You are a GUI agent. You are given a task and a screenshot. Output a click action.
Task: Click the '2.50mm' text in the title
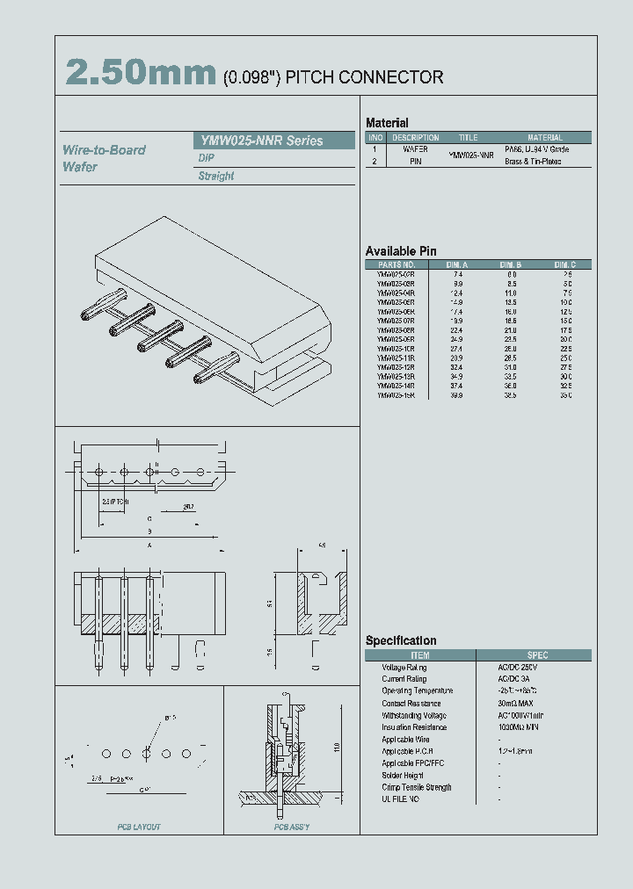(140, 74)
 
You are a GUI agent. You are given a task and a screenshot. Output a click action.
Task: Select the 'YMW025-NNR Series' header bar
(273, 141)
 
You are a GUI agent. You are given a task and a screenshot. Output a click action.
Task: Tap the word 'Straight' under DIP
(216, 176)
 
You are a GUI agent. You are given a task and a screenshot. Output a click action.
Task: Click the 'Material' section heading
(387, 123)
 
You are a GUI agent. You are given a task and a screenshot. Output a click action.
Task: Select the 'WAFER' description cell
(415, 150)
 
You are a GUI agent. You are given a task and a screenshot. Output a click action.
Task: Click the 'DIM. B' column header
(511, 264)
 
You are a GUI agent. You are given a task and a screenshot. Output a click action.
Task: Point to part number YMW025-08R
(396, 330)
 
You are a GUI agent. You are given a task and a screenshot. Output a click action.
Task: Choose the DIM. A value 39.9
(457, 395)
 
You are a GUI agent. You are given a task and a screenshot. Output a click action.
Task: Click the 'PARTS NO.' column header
(396, 264)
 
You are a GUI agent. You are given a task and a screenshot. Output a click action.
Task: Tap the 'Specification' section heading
(401, 640)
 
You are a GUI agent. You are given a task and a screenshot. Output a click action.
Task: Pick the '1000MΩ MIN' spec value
(521, 727)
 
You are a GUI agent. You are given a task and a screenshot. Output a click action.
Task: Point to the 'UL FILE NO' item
(400, 799)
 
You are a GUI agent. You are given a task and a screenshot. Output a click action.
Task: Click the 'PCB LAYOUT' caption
(139, 828)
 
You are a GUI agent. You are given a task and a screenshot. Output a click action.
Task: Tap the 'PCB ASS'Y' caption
(291, 828)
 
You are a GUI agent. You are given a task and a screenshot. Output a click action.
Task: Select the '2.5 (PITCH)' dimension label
(114, 502)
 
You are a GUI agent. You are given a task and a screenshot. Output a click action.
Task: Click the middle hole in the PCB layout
(147, 754)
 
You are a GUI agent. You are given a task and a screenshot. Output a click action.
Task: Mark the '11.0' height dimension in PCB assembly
(336, 747)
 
